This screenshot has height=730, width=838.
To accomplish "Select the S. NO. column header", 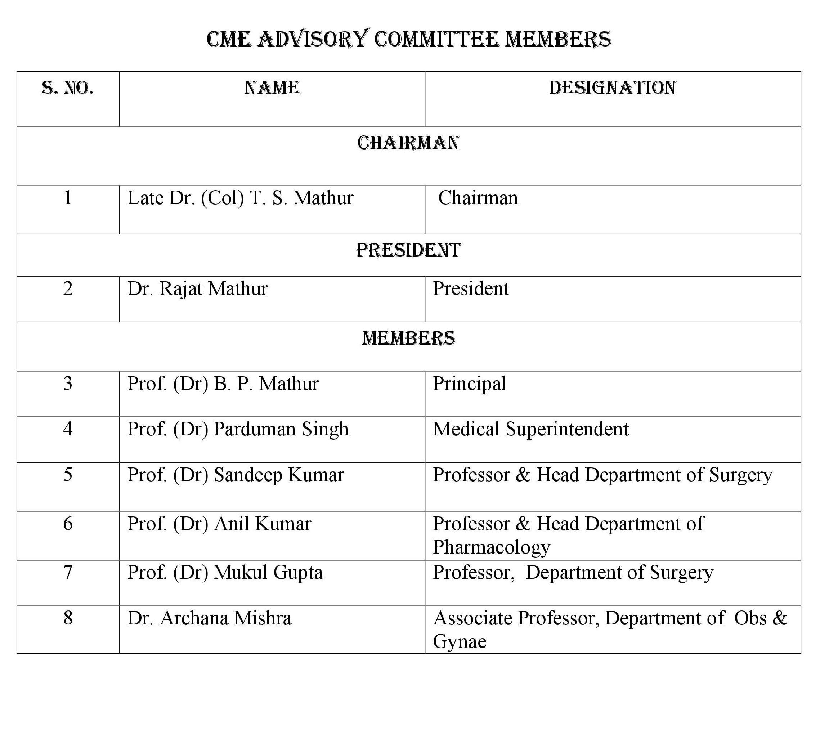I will coord(68,88).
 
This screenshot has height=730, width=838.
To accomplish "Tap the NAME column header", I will coord(272,88).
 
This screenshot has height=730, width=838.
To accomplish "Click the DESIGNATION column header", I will coord(612,88).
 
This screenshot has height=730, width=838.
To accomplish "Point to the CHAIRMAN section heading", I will coord(408,143).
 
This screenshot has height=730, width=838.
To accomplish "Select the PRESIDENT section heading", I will coord(408,250).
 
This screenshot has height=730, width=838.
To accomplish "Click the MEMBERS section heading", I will coord(408,338).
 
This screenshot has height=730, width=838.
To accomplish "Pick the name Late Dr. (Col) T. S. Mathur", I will coord(240,198).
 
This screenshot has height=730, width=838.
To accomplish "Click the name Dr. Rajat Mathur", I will coord(198,289).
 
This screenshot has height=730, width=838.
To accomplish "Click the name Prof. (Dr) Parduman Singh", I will coord(238,429).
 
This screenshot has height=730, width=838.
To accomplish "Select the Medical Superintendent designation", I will coord(530,429).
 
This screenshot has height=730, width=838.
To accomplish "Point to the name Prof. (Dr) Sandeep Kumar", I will coord(236,475).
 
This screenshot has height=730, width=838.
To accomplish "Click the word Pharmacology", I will coord(491,547).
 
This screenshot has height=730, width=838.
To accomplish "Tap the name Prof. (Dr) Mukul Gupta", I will coord(225,572).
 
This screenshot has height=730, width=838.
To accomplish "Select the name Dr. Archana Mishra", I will coord(209,618).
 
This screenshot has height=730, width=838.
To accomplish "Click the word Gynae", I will coord(460,642).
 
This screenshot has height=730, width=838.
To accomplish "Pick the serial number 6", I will coord(68,524).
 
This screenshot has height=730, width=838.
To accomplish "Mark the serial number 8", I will coord(68,618).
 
